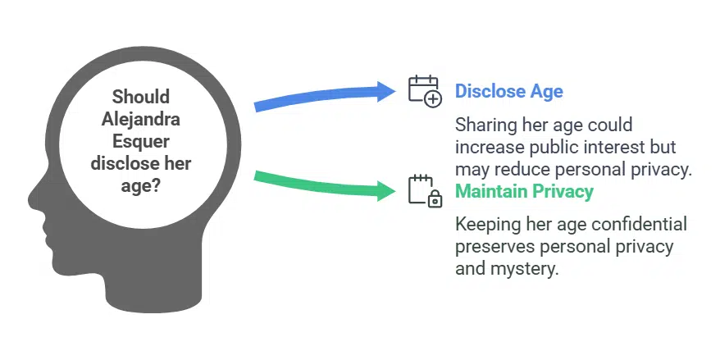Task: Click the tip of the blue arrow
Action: point(395,91)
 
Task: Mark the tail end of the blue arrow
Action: point(255,107)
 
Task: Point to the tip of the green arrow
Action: point(395,189)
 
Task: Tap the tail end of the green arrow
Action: point(255,175)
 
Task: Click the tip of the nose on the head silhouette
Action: point(29,200)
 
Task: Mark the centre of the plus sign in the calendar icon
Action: point(432,98)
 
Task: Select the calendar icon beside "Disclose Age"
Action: point(426,92)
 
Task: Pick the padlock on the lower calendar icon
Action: point(435,199)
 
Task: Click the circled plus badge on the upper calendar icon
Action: point(432,98)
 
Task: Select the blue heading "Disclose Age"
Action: point(508,91)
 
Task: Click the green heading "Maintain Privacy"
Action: point(524,191)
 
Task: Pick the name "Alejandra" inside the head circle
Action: point(140,120)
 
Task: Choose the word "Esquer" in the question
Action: point(141,141)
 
